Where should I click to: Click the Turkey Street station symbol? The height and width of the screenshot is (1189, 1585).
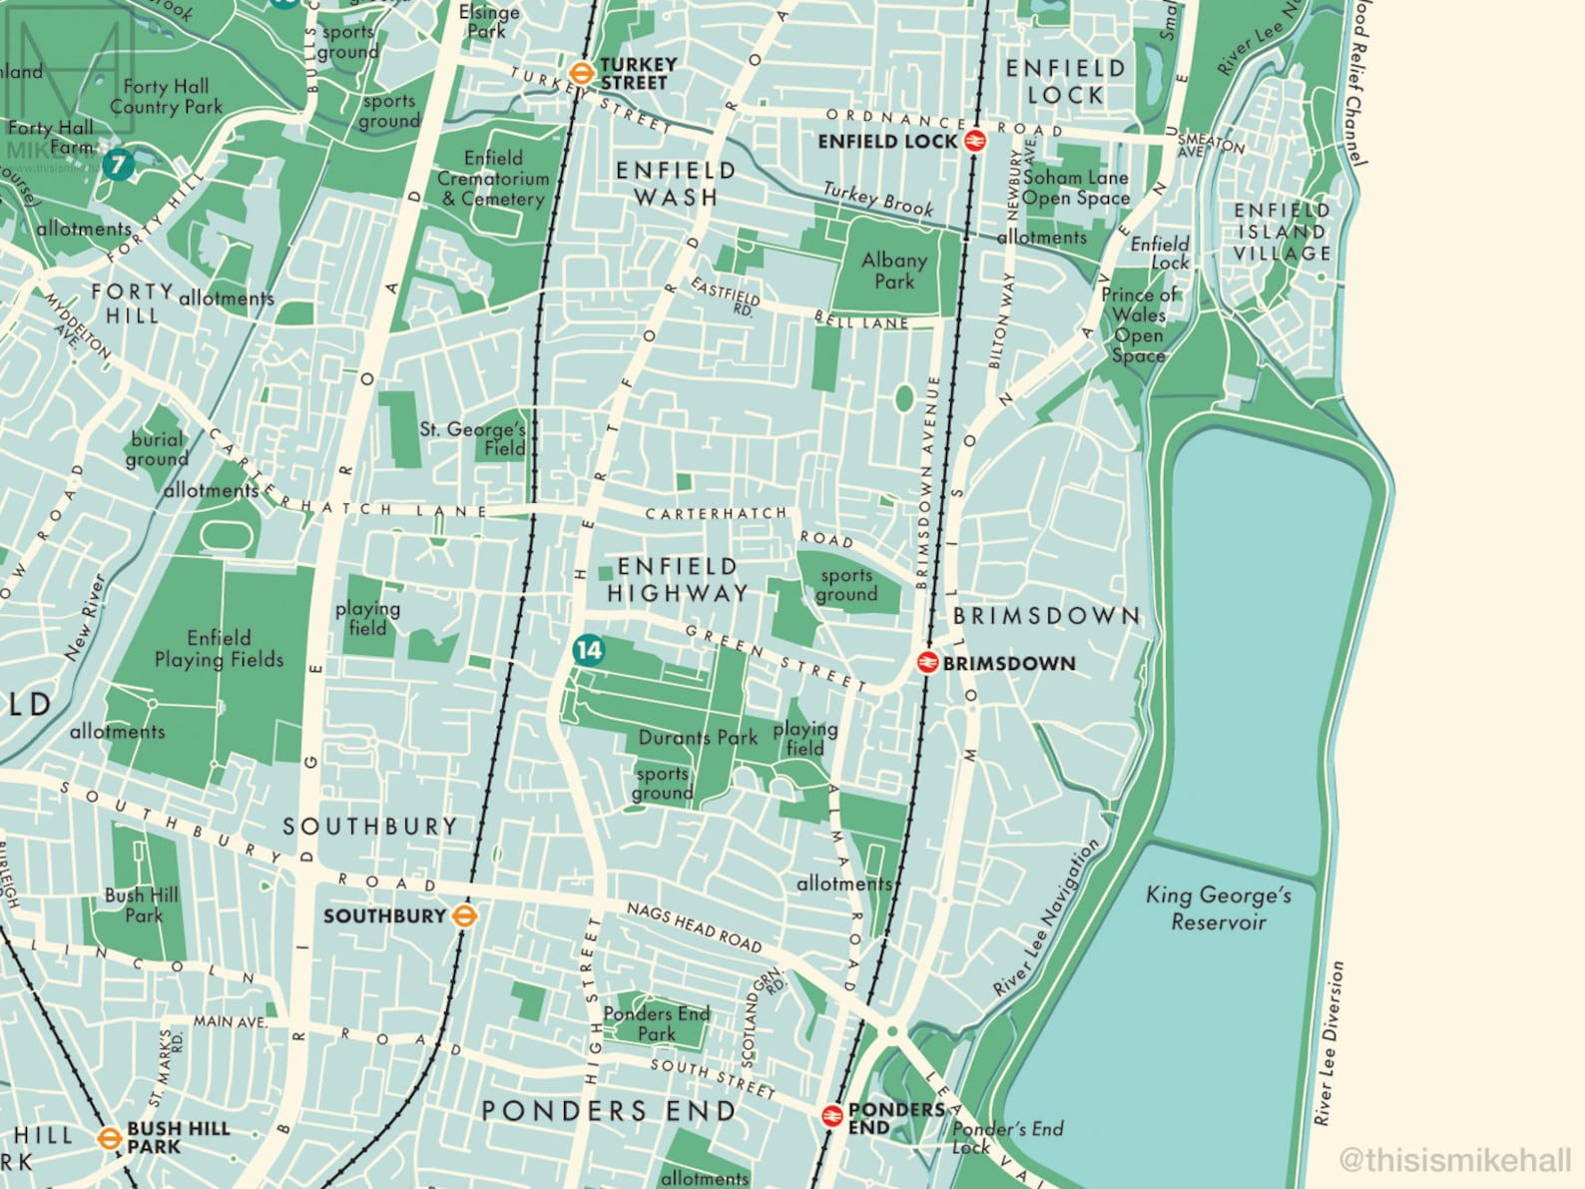click(x=580, y=73)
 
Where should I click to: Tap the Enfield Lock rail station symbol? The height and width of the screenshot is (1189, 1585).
click(x=975, y=141)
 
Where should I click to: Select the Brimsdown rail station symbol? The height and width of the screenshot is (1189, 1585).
click(x=927, y=662)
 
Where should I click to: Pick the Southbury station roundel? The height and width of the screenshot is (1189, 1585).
click(x=464, y=915)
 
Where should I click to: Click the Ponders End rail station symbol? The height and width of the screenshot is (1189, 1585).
click(x=831, y=1116)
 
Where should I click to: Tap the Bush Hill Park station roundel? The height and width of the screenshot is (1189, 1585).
click(x=109, y=1137)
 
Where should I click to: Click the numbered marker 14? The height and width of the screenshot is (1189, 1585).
click(x=588, y=651)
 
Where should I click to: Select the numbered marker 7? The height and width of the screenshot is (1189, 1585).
click(x=119, y=164)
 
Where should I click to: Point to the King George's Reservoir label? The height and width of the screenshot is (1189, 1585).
click(x=1219, y=907)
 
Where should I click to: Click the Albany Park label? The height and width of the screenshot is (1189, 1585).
click(x=894, y=271)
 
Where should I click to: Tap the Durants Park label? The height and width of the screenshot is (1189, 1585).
click(x=698, y=738)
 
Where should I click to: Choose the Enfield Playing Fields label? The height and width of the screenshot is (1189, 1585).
click(x=219, y=649)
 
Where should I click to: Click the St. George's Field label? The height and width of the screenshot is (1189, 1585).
click(x=473, y=438)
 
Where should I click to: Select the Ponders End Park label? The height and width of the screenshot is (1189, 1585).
click(x=657, y=1023)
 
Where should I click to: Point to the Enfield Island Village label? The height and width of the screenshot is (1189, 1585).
click(x=1282, y=232)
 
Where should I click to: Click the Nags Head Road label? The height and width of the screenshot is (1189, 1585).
click(x=695, y=927)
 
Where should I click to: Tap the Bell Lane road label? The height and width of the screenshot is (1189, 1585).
click(x=861, y=321)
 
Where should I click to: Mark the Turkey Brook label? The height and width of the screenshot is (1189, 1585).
click(x=878, y=200)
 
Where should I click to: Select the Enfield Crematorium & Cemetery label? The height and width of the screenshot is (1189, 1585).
click(x=494, y=179)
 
